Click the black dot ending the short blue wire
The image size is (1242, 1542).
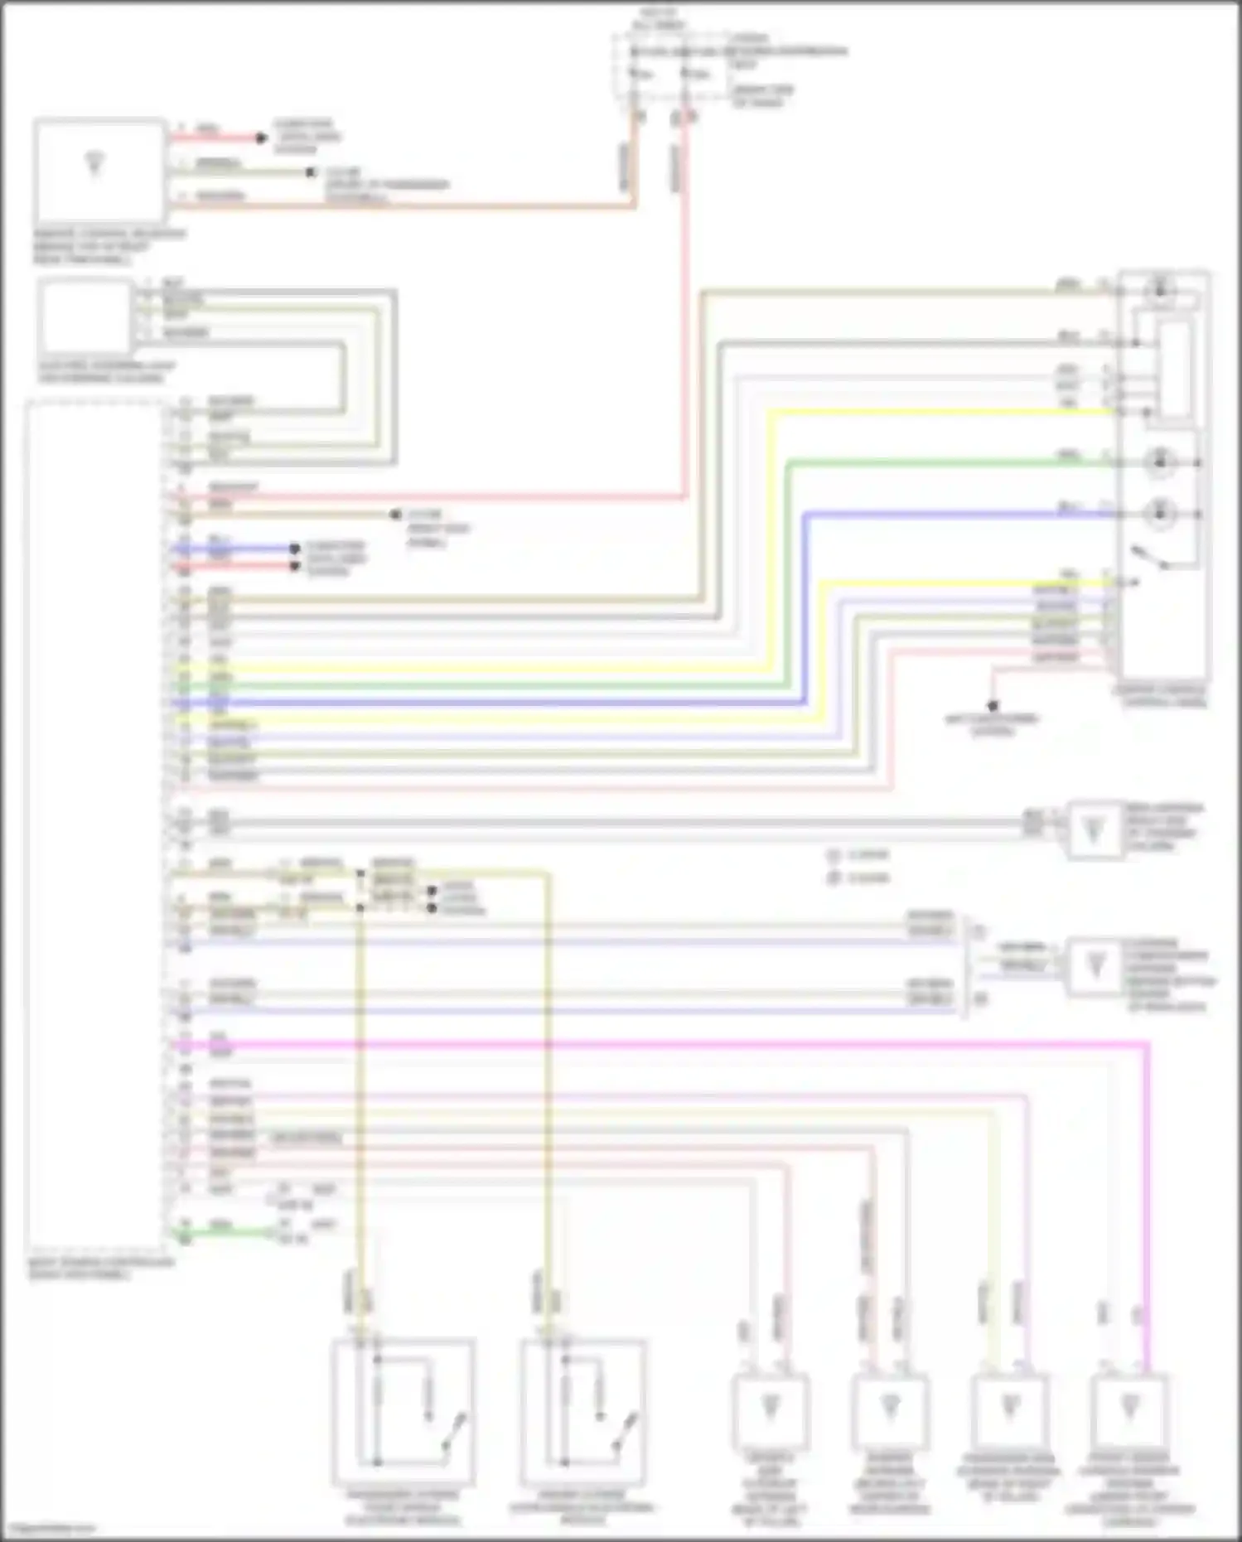(x=294, y=549)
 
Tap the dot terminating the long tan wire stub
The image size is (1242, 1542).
(x=395, y=515)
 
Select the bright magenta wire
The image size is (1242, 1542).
(x=663, y=1046)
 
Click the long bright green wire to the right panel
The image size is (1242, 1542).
(x=530, y=685)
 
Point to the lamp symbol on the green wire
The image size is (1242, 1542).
(x=1160, y=462)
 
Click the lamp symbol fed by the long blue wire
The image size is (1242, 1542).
(x=1160, y=513)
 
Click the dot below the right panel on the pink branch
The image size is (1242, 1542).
(x=992, y=706)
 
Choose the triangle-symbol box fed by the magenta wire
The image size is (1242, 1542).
(x=1128, y=1410)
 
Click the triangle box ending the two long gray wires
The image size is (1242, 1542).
(x=1094, y=829)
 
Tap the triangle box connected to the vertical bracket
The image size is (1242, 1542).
(x=1095, y=966)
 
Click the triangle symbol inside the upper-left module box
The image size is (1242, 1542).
(x=94, y=164)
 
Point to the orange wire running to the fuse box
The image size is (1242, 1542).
(x=414, y=205)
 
